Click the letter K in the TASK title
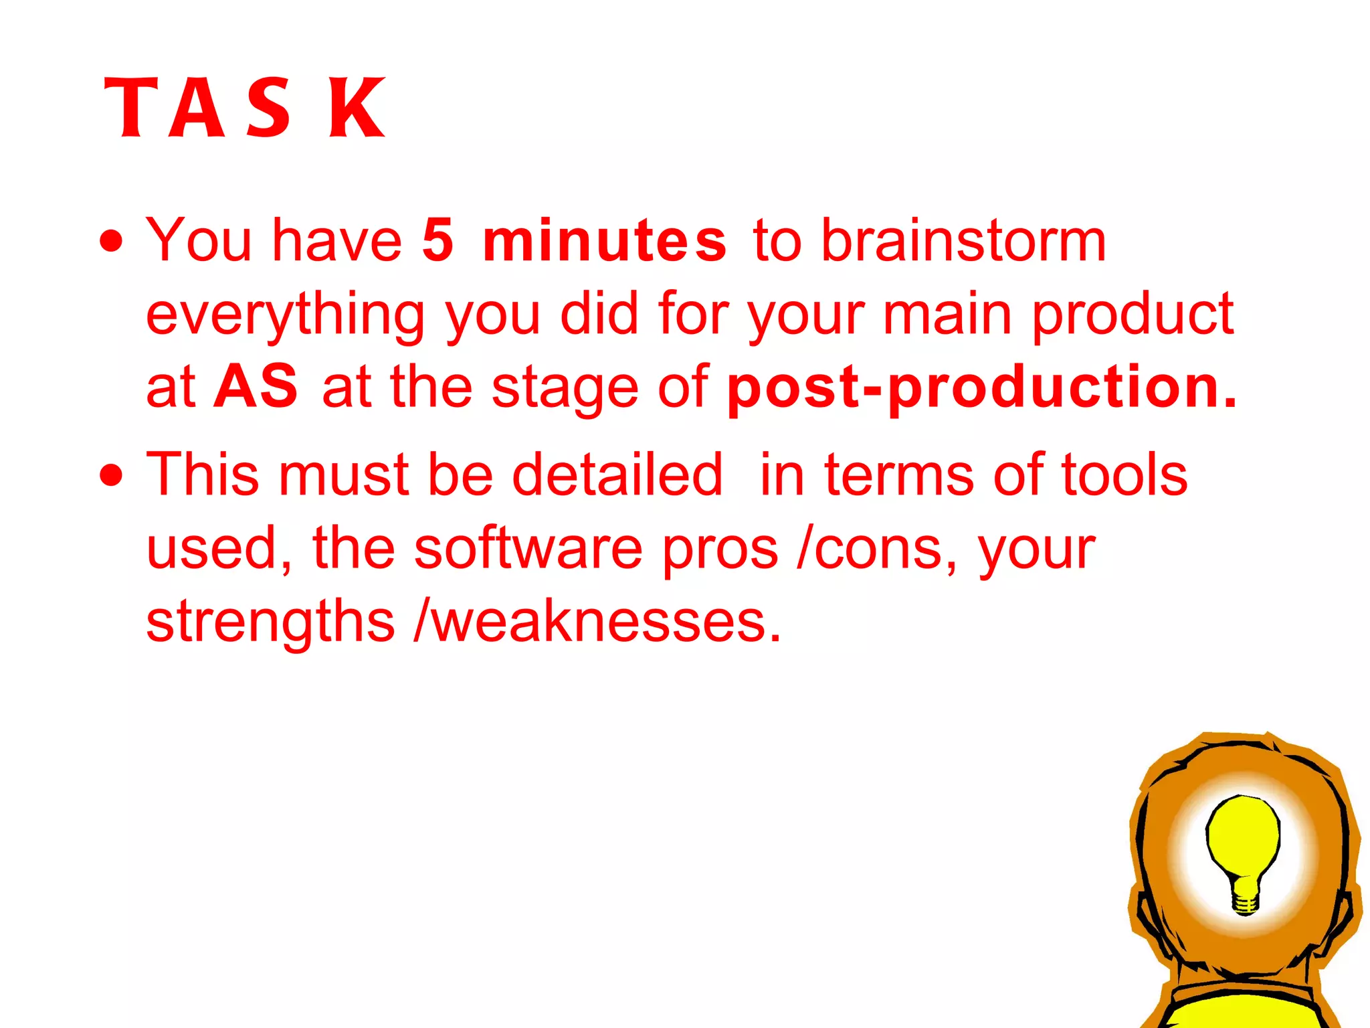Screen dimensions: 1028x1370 click(x=357, y=108)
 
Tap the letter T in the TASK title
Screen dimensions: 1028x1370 click(x=132, y=108)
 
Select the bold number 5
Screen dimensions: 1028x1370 click(x=438, y=240)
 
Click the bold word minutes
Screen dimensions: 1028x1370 click(x=604, y=240)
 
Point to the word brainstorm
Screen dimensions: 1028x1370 click(x=963, y=240)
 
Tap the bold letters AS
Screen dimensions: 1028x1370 click(x=256, y=386)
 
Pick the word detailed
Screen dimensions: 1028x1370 click(x=617, y=475)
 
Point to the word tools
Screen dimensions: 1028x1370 click(x=1124, y=475)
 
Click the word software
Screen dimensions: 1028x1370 click(x=528, y=548)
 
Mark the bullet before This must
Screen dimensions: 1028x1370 click(x=112, y=475)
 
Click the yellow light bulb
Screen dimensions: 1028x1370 click(x=1243, y=837)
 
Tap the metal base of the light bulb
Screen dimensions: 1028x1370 click(x=1245, y=900)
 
